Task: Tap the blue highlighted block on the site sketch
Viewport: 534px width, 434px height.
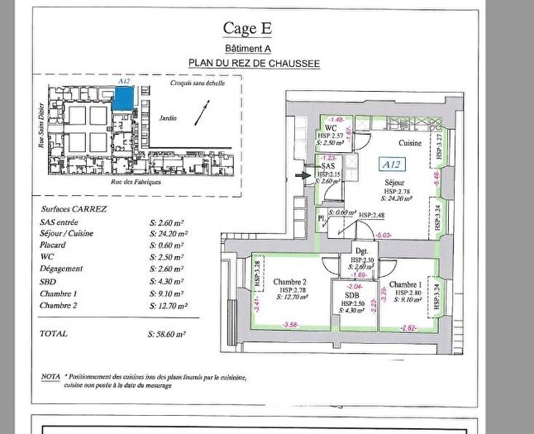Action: pyautogui.click(x=124, y=98)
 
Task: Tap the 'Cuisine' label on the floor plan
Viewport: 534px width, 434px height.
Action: pyautogui.click(x=411, y=144)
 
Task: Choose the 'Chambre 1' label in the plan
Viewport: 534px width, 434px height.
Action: pyautogui.click(x=408, y=285)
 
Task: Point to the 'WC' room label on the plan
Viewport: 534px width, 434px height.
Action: pyautogui.click(x=330, y=128)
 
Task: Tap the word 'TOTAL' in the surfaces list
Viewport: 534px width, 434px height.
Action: pyautogui.click(x=55, y=334)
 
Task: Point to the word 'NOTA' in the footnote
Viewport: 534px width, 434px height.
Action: pyautogui.click(x=50, y=377)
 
